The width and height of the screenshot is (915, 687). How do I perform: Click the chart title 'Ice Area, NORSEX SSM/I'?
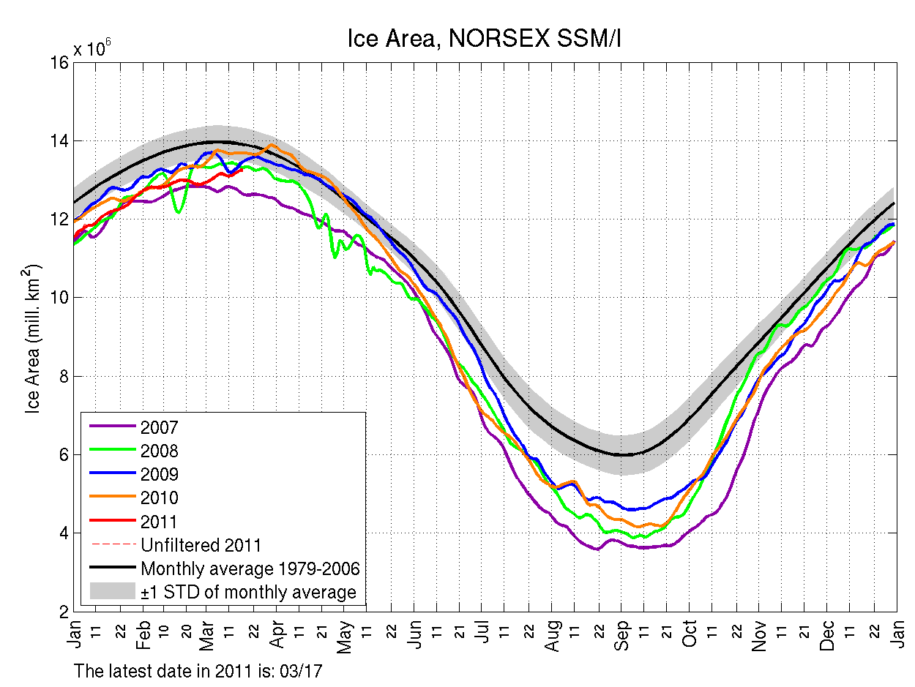(x=484, y=40)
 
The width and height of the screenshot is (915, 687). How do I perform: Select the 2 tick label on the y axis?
(x=64, y=611)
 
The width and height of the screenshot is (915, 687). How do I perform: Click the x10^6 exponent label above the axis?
(x=91, y=48)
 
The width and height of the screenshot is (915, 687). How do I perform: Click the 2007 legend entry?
(x=159, y=427)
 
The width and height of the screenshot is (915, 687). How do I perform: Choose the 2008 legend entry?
(x=159, y=451)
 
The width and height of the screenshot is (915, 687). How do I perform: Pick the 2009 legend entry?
(x=159, y=474)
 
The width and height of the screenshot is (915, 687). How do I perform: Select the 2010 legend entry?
(x=159, y=498)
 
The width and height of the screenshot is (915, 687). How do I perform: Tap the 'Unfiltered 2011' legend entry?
(x=201, y=544)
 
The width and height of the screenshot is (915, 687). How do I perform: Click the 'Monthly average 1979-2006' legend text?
(x=250, y=568)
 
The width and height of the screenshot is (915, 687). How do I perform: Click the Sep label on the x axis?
(x=622, y=634)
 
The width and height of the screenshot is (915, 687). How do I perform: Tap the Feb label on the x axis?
(x=143, y=634)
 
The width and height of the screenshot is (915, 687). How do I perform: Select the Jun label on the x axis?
(x=414, y=634)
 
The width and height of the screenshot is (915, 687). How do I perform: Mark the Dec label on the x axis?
(x=827, y=634)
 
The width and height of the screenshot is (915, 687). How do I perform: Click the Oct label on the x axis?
(x=690, y=634)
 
